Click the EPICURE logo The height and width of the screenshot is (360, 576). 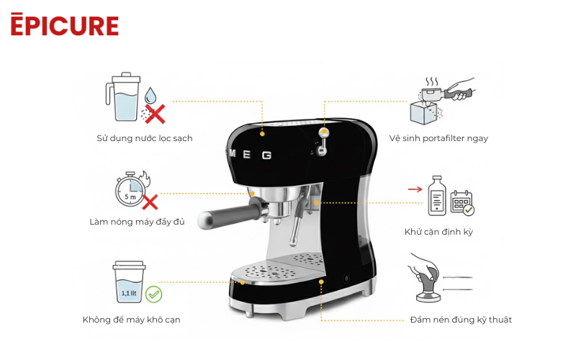pyautogui.click(x=64, y=24)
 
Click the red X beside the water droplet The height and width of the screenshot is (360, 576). pyautogui.click(x=155, y=113)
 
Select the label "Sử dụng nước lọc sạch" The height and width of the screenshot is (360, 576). pyautogui.click(x=145, y=138)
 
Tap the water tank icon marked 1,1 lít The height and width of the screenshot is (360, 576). pyautogui.click(x=128, y=283)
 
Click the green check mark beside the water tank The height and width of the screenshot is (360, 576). pyautogui.click(x=153, y=294)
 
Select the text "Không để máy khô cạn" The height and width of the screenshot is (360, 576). pyautogui.click(x=131, y=320)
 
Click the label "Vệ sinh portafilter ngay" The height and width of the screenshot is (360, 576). pyautogui.click(x=438, y=138)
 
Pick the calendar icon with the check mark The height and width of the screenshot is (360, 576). pyautogui.click(x=462, y=204)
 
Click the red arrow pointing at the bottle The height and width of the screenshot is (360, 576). pyautogui.click(x=415, y=189)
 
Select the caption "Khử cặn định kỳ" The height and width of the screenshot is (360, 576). pyautogui.click(x=438, y=232)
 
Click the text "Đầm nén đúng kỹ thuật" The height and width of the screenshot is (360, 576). pyautogui.click(x=461, y=320)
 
